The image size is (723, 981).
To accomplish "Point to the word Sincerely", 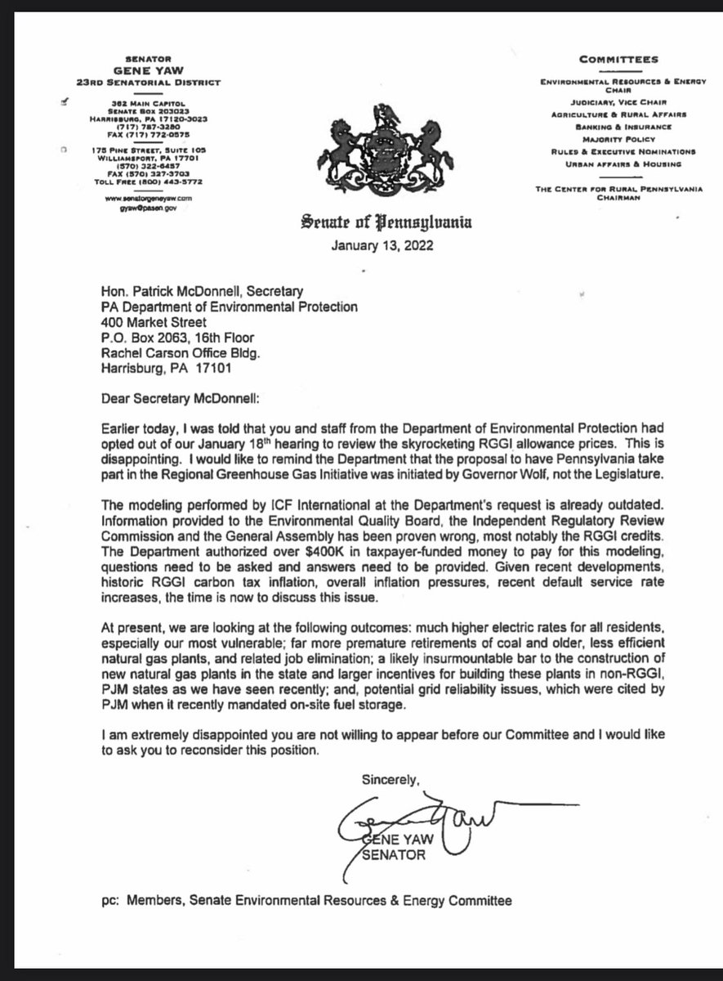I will [x=391, y=780].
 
